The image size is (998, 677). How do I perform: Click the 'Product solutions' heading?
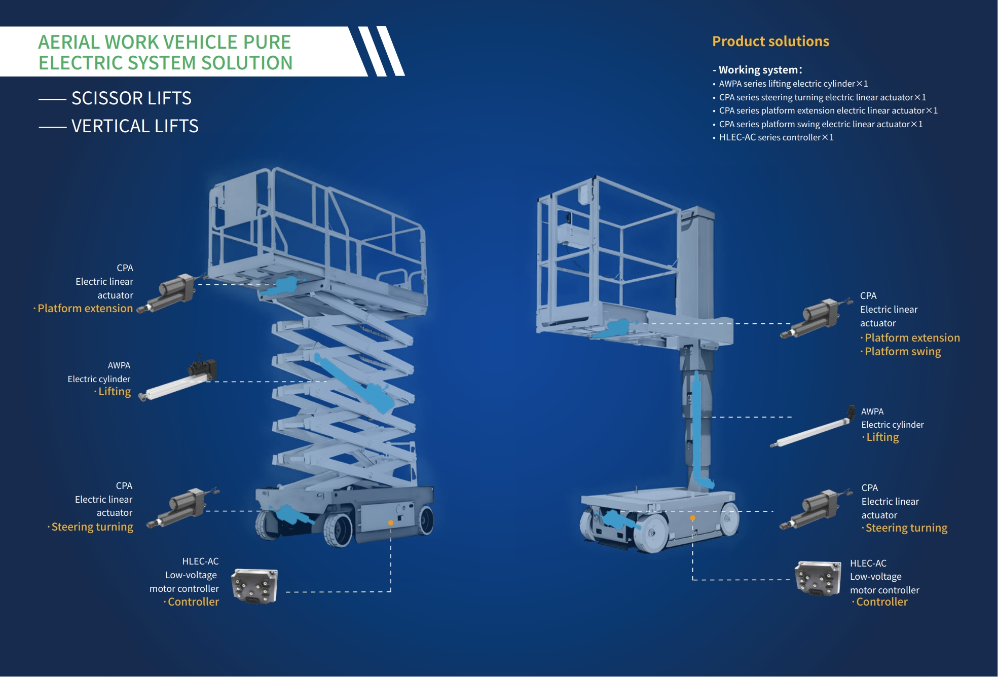770,42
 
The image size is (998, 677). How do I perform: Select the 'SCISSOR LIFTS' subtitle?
131,98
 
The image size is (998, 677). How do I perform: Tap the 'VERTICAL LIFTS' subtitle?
135,126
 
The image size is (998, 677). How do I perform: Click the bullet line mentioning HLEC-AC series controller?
775,137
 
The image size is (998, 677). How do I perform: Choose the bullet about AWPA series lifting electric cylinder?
793,84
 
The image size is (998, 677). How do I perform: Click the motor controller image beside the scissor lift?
254,586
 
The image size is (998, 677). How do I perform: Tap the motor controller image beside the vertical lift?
818,578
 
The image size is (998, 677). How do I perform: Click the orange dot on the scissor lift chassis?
391,522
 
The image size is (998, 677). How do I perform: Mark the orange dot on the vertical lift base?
692,518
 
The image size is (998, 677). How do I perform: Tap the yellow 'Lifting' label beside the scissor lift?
115,392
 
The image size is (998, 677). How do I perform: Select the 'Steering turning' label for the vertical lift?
906,528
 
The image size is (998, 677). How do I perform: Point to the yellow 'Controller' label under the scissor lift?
193,602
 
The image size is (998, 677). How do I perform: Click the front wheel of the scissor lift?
339,530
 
